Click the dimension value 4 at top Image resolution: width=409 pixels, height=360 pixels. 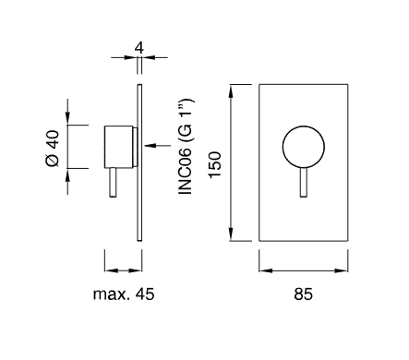tap(139, 48)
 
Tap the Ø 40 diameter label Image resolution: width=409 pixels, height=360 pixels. tap(52, 149)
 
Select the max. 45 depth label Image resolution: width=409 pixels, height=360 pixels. tap(124, 294)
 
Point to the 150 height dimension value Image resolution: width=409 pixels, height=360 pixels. tap(215, 164)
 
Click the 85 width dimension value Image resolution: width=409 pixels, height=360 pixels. tap(303, 294)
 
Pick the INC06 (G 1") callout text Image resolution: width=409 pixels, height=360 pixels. tap(186, 146)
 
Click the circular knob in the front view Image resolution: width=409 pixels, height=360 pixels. tap(304, 147)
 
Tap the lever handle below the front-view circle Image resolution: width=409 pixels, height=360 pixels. tap(304, 182)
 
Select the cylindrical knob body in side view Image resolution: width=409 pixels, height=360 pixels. tap(118, 147)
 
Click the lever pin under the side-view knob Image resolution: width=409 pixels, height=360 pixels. tap(113, 183)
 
